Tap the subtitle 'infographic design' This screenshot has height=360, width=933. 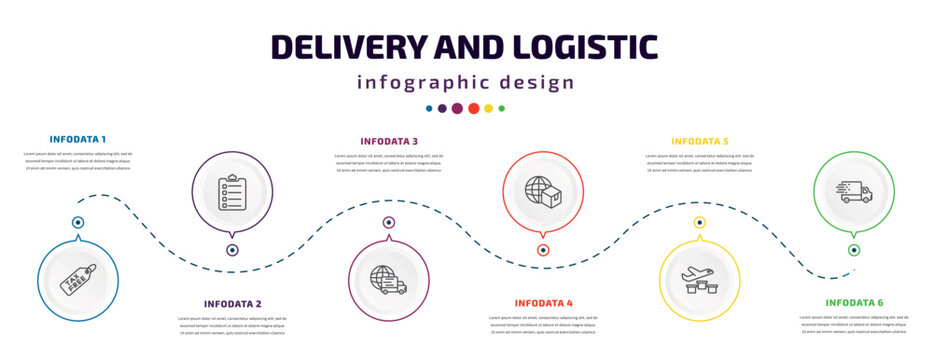[466, 82]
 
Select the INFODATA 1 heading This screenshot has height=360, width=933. [78, 138]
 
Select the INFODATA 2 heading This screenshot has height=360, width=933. [232, 303]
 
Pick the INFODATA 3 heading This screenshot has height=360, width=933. [389, 141]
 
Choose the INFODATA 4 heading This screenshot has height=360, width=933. [543, 302]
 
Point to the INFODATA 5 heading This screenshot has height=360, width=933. [700, 141]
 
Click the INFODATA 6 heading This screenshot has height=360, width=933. [854, 301]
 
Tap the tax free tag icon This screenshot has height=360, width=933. [78, 280]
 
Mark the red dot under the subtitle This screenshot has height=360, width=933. [473, 108]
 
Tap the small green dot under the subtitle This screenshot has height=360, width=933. [502, 108]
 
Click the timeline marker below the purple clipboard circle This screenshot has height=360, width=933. [232, 250]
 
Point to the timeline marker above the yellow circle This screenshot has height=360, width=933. [700, 222]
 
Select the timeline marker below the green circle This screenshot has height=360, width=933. [854, 250]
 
